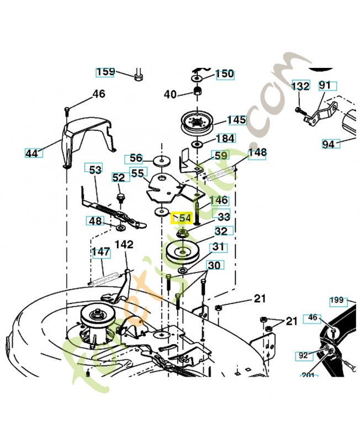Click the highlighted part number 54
point(182,218)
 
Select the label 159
point(105,72)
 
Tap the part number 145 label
point(237,120)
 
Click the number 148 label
point(257,152)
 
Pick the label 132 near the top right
point(300,87)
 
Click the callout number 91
point(325,86)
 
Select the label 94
point(329,144)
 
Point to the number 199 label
point(337,301)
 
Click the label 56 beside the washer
point(135,159)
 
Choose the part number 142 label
point(124,244)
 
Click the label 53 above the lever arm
point(95,169)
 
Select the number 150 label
point(224,74)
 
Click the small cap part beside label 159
point(139,75)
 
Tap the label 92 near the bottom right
point(303,356)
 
